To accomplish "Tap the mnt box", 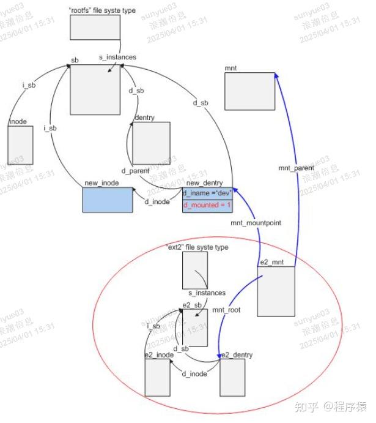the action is (249, 91).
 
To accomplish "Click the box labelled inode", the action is (20, 145).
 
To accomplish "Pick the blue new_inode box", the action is (108, 200).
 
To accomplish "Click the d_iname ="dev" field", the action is (207, 193).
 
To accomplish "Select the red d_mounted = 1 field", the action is (207, 205).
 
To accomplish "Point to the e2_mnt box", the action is (276, 291).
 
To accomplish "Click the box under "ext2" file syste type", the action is (195, 270).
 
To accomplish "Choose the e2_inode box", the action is (157, 377).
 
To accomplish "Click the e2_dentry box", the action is (232, 377).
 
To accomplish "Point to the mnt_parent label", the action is (296, 168).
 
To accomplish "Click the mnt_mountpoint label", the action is (256, 223).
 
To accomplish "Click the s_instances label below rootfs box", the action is (117, 57).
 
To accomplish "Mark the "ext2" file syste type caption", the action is (197, 247).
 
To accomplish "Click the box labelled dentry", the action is (150, 143).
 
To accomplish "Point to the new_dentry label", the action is (204, 183).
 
